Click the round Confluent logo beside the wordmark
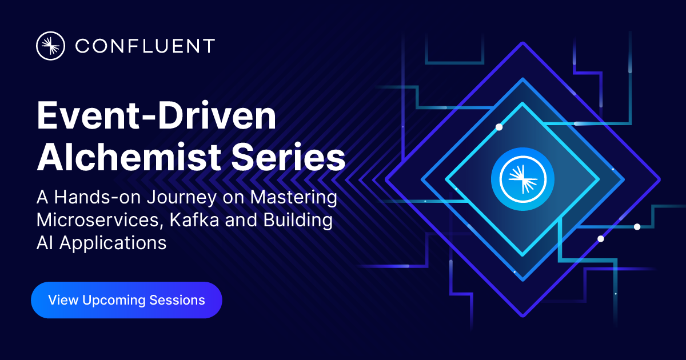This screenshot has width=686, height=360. [x=50, y=46]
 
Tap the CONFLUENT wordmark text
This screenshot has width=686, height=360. [x=145, y=46]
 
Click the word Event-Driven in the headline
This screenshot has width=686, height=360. [x=156, y=117]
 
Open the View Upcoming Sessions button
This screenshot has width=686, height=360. [x=126, y=300]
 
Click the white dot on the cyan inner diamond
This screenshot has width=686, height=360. [x=499, y=127]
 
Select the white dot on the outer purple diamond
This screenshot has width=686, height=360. [x=600, y=239]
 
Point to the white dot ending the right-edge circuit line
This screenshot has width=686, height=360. [x=637, y=227]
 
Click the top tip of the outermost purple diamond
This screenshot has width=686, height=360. [x=523, y=43]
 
